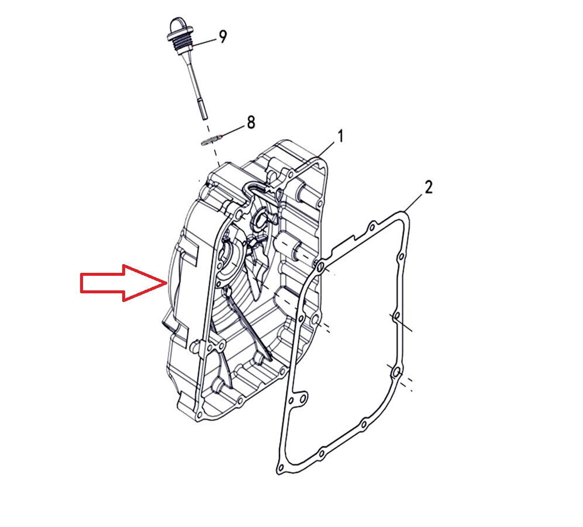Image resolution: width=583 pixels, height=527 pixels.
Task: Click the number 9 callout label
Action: (222, 36)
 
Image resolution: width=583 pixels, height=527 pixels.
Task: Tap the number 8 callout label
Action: (251, 122)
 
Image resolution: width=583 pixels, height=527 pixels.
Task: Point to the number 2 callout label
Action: (429, 187)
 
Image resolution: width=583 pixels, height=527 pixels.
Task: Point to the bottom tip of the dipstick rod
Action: (204, 119)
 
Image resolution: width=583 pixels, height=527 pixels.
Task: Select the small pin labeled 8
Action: (211, 141)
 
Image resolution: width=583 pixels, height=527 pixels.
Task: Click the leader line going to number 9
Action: (204, 42)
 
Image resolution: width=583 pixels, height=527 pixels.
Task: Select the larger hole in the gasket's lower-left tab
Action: (303, 398)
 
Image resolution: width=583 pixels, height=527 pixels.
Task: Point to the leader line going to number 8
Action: (233, 131)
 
